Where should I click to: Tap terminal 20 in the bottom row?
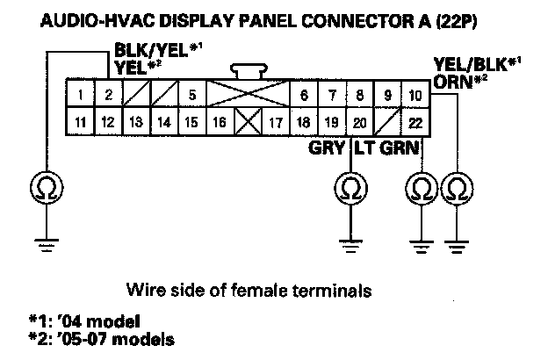click(x=358, y=122)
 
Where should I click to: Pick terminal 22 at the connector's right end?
click(x=415, y=122)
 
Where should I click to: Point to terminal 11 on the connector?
click(x=80, y=122)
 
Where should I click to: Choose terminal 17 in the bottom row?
click(x=274, y=122)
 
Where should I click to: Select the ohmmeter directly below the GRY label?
click(x=350, y=187)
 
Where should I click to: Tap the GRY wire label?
click(x=328, y=147)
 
